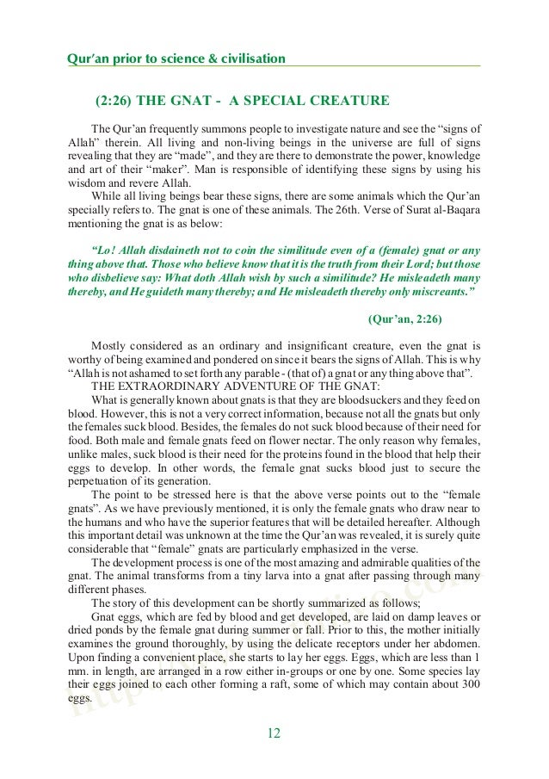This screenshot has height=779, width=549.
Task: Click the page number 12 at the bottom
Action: pos(274,733)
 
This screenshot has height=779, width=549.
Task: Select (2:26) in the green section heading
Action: pos(114,102)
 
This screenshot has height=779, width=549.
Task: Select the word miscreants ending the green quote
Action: pos(434,290)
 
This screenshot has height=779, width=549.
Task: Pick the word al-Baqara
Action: pos(455,209)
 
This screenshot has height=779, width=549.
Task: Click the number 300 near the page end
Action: pos(470,684)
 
